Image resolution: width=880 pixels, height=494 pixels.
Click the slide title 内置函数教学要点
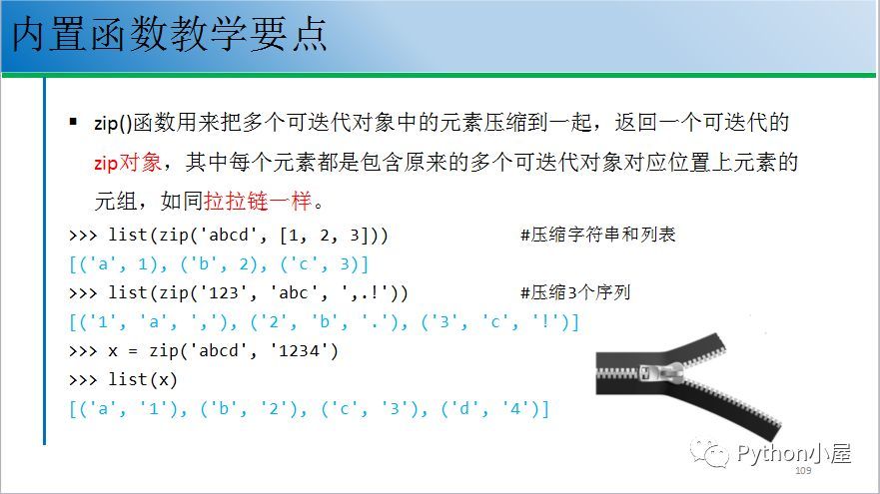[169, 34]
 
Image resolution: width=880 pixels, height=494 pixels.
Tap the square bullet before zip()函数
[73, 121]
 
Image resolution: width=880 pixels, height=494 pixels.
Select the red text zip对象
[128, 163]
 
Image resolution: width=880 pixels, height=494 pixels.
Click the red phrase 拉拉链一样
[258, 201]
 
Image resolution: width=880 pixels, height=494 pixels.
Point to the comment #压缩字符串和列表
[597, 235]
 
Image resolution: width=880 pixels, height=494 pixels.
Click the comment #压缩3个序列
[575, 292]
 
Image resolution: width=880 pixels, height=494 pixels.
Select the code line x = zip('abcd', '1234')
[223, 351]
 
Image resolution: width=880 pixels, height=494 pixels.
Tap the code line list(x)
[143, 380]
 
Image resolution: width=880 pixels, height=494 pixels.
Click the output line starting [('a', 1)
[219, 264]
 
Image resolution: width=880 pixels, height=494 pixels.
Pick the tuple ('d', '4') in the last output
[490, 409]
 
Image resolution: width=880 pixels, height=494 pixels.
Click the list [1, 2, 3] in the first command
[320, 235]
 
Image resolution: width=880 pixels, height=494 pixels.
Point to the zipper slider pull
[662, 373]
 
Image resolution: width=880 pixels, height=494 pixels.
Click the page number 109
[803, 470]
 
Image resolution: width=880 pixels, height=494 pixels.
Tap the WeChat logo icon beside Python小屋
[709, 453]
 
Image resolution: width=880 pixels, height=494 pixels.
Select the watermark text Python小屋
[794, 453]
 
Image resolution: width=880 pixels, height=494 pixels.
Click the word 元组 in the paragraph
[116, 201]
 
